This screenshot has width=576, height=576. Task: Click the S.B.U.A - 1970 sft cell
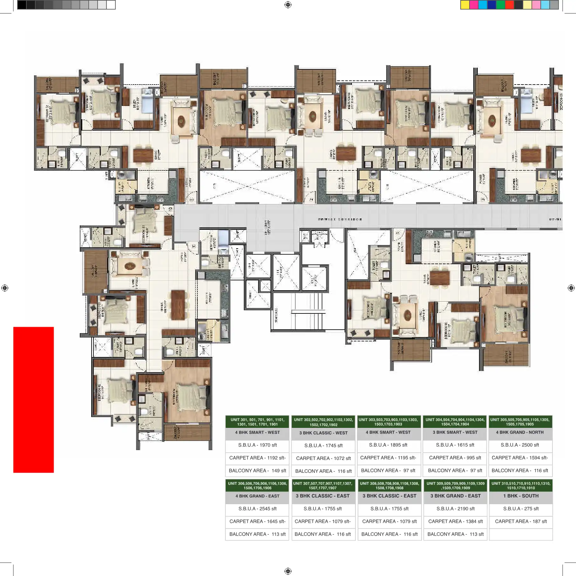pyautogui.click(x=257, y=445)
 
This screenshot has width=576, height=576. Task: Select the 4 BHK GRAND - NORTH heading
pyautogui.click(x=520, y=432)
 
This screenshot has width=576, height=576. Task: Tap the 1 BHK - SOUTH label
pyautogui.click(x=521, y=496)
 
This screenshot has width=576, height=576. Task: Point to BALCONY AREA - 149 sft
pyautogui.click(x=257, y=470)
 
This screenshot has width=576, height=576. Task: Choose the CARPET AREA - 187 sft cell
pyautogui.click(x=521, y=521)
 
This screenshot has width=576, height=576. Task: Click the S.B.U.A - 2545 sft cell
pyautogui.click(x=257, y=509)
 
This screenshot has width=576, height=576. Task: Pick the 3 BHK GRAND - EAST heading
pyautogui.click(x=455, y=496)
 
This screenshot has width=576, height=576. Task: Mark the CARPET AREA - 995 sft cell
pyautogui.click(x=455, y=458)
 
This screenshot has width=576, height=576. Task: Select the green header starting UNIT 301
pyautogui.click(x=257, y=422)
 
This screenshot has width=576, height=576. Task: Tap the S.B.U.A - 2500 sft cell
pyautogui.click(x=520, y=445)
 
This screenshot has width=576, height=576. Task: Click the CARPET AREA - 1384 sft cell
pyautogui.click(x=455, y=521)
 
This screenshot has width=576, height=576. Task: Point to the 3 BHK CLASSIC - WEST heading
pyautogui.click(x=323, y=433)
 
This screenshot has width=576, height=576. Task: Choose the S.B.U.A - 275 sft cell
pyautogui.click(x=521, y=509)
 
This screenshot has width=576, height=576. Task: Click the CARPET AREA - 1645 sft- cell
pyautogui.click(x=257, y=521)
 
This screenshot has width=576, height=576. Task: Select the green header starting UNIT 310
pyautogui.click(x=521, y=485)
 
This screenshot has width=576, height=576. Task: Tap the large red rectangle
pyautogui.click(x=33, y=400)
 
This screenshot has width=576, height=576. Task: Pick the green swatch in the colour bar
pyautogui.click(x=500, y=5)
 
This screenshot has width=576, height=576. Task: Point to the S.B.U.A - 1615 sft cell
pyautogui.click(x=455, y=445)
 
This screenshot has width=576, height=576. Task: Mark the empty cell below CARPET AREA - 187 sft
pyautogui.click(x=521, y=534)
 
